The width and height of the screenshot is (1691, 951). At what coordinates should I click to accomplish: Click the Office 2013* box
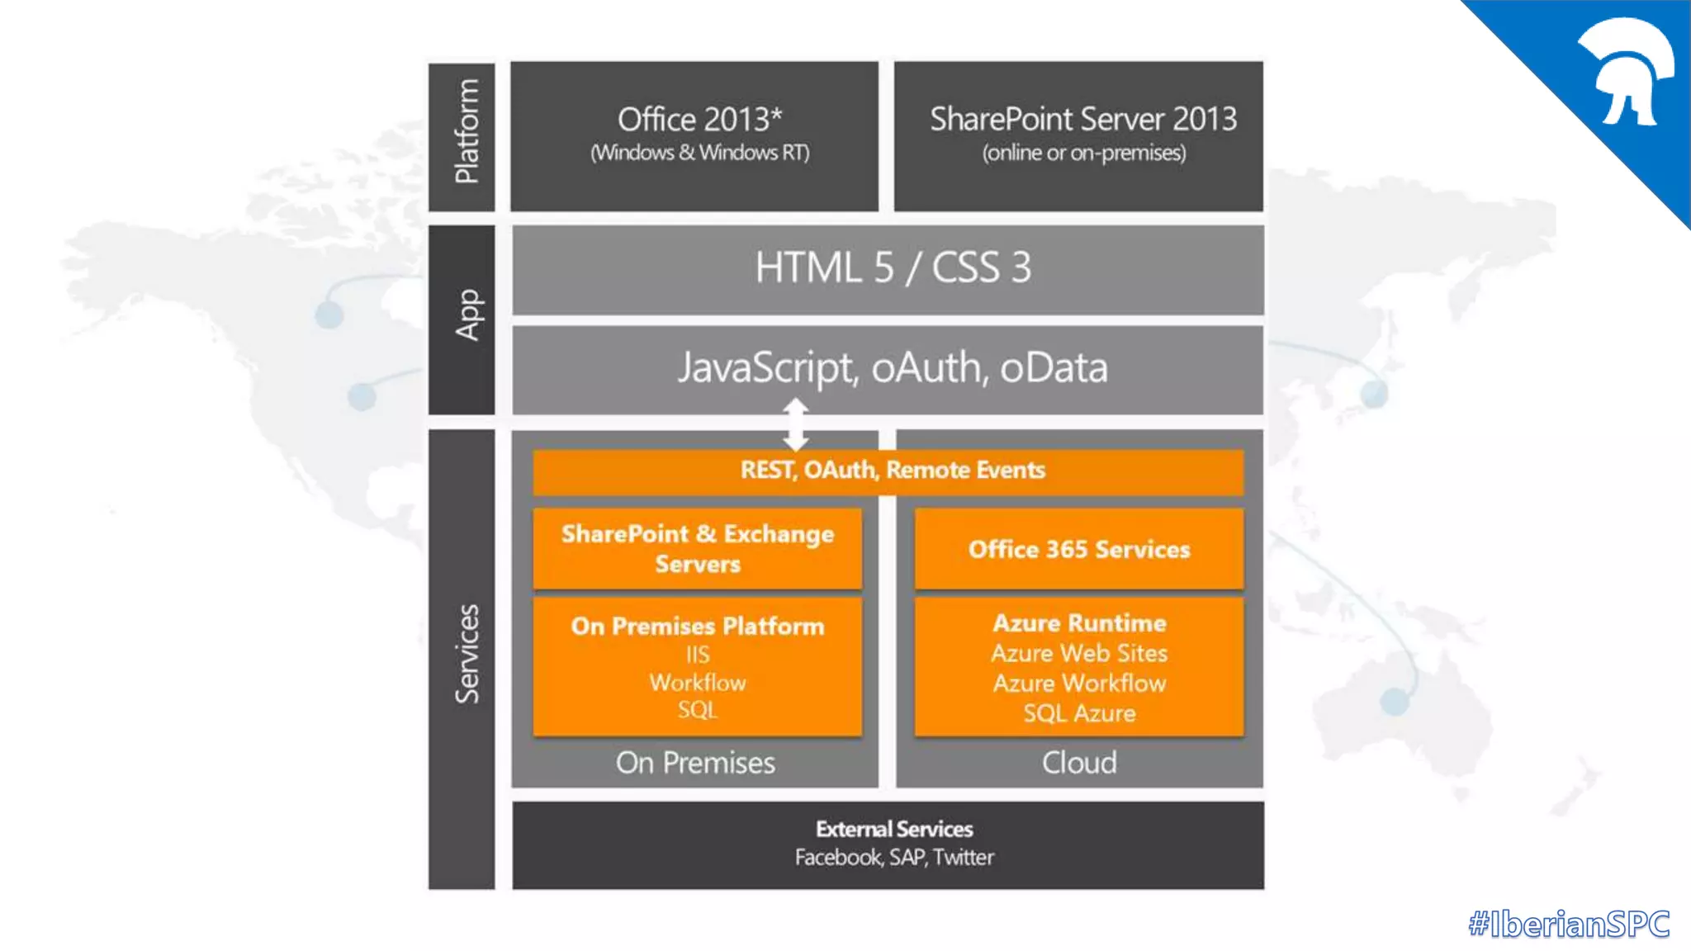(694, 135)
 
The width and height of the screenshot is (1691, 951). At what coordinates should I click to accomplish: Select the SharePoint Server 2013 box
(1078, 135)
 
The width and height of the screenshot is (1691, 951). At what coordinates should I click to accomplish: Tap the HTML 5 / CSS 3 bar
(888, 269)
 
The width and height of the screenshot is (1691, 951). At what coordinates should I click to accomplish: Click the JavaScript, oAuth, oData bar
(888, 369)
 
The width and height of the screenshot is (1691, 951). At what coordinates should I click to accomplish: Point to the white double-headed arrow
(795, 423)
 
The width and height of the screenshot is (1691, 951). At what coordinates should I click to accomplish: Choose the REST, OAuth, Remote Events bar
(888, 471)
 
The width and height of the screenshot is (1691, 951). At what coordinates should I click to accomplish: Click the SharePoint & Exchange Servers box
(698, 548)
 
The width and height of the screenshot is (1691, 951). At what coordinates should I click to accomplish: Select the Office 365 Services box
(1078, 549)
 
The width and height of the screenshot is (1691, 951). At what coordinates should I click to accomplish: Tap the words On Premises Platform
(698, 626)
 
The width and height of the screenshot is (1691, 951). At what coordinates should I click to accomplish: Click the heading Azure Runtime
(1079, 622)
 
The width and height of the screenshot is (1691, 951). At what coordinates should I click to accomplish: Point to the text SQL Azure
(1079, 713)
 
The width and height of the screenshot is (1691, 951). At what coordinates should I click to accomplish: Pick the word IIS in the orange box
(698, 655)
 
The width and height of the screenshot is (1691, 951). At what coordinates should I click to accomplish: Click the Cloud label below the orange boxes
(1079, 763)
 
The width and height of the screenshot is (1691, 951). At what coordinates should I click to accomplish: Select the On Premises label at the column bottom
(695, 763)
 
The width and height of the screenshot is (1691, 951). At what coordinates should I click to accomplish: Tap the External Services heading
(894, 829)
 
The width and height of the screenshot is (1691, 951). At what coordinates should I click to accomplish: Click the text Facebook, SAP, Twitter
(894, 858)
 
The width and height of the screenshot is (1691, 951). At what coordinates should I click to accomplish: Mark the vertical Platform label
(465, 132)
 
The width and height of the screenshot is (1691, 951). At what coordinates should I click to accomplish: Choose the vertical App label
(467, 315)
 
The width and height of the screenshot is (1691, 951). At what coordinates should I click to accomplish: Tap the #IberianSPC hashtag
(1569, 924)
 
